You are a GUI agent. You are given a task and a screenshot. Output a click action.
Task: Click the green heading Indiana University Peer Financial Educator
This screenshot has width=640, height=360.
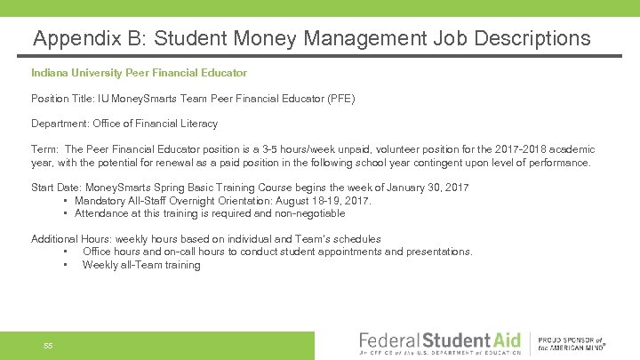coord(139,72)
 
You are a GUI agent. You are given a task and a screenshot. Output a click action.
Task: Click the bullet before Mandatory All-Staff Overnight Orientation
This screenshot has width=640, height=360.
coord(67,201)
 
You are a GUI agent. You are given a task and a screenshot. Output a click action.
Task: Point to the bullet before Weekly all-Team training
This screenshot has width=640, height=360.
coord(67,265)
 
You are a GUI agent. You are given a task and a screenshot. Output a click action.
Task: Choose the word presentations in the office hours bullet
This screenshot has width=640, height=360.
coord(439,252)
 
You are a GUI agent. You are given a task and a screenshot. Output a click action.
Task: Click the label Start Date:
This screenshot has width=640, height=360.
coord(56,188)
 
